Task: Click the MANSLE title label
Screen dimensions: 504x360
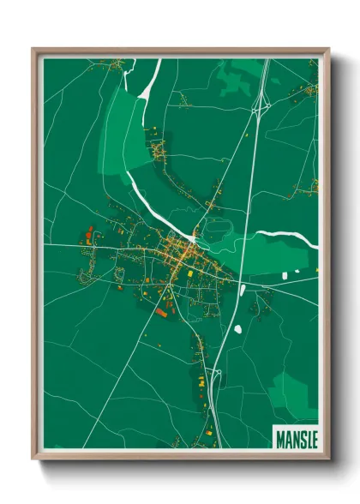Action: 295,439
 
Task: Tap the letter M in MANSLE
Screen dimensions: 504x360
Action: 280,439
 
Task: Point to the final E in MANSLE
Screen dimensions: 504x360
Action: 311,439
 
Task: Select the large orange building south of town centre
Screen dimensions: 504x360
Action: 160,313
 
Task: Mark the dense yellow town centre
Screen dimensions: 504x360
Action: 181,254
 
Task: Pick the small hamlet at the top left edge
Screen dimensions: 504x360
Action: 116,63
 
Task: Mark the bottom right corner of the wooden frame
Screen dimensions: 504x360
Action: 327,458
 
